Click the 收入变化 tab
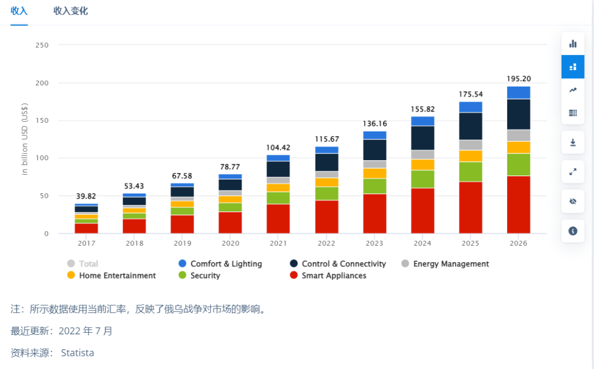click(x=70, y=11)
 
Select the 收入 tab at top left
click(x=19, y=11)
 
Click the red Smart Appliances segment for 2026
click(x=519, y=204)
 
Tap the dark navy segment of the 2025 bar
click(x=470, y=126)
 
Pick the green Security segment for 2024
click(x=422, y=179)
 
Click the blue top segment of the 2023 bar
click(x=375, y=135)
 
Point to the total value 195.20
click(x=519, y=79)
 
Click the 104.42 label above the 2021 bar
click(x=278, y=148)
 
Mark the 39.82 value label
click(x=86, y=196)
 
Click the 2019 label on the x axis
click(x=183, y=243)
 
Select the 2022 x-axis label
click(x=327, y=243)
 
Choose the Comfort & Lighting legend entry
click(x=221, y=264)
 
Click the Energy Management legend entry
click(x=445, y=264)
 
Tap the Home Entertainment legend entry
click(x=112, y=275)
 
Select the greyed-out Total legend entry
click(x=83, y=264)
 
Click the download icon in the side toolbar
click(x=573, y=143)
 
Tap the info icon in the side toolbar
click(x=573, y=231)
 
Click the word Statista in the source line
click(x=78, y=352)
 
